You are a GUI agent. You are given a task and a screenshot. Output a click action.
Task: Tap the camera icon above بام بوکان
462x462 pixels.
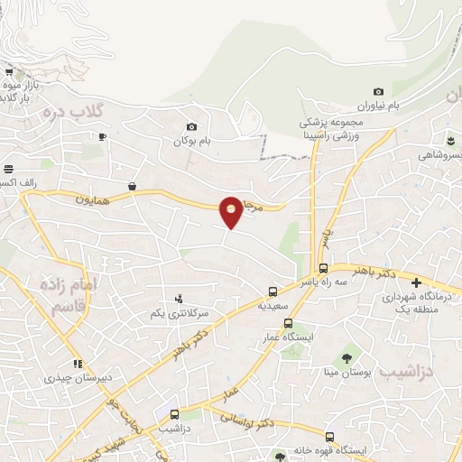[191, 127]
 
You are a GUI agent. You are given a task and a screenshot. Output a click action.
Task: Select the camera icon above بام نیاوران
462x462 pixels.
[378, 91]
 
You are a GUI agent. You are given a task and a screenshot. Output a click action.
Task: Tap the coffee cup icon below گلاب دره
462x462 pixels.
[102, 136]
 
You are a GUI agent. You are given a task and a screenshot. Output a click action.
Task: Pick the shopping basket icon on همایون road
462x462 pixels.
[133, 186]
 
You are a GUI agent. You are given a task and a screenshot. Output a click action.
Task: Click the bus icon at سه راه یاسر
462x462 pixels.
[323, 267]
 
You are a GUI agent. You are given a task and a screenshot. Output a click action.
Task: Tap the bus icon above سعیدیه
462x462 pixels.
[273, 291]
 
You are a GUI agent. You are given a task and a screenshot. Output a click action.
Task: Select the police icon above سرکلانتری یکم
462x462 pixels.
[179, 299]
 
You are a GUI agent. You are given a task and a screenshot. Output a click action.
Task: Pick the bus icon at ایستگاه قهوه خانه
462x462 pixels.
[329, 437]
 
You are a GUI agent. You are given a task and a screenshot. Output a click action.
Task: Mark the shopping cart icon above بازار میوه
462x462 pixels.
[9, 71]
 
